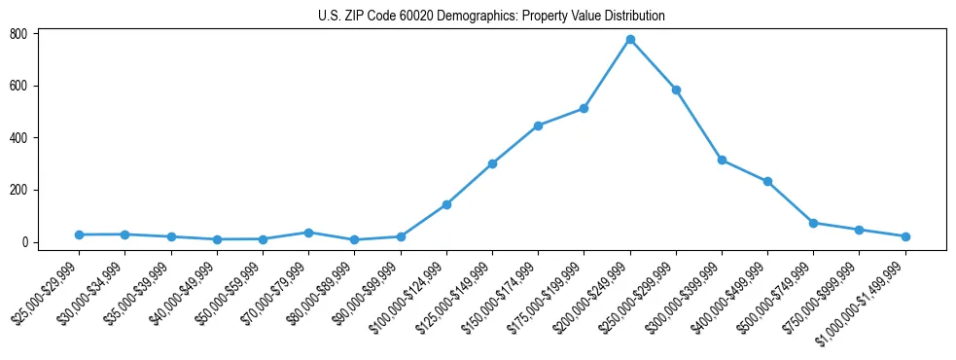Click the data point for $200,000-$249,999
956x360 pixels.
point(630,40)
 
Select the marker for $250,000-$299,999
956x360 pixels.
point(676,90)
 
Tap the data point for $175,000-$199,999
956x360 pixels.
point(584,108)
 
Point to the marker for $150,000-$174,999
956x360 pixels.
point(538,126)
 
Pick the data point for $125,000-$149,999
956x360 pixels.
point(492,163)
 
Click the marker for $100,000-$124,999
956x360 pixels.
point(446,204)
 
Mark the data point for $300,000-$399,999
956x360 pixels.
point(722,160)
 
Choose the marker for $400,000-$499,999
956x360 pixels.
point(767,181)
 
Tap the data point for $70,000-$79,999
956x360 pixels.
point(308,233)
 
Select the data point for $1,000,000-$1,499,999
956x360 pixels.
point(905,236)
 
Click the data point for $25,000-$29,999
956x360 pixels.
point(79,234)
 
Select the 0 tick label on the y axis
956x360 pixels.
point(33,242)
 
